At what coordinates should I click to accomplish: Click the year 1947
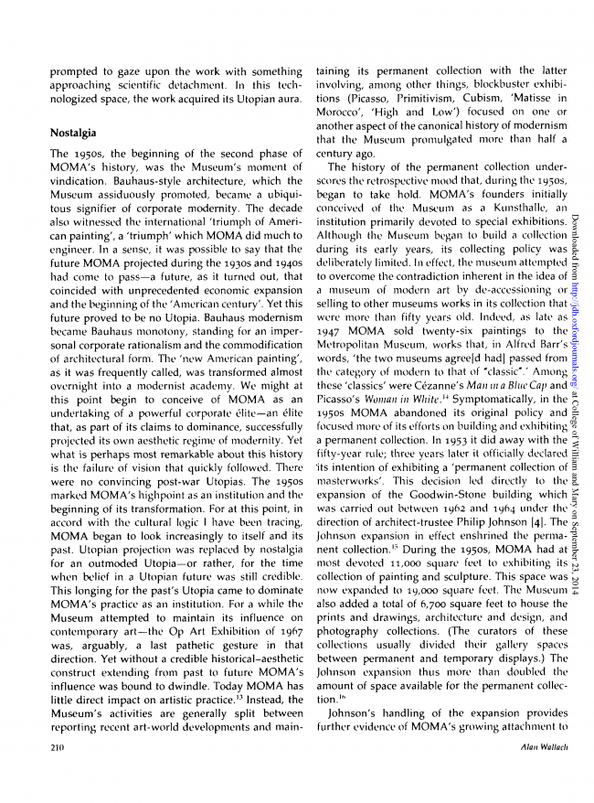[x=331, y=327]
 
